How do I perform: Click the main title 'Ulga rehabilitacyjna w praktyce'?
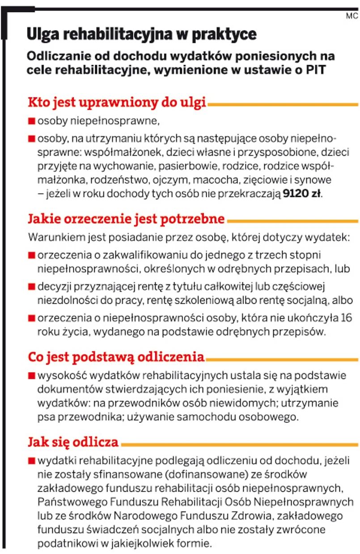coord(142,34)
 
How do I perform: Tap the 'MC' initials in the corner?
coord(352,17)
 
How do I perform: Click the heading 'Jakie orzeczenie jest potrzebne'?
coord(126,219)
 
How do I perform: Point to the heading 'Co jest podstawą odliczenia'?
coord(116,357)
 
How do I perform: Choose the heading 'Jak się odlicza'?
coord(73,442)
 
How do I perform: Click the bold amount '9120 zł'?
coord(302,194)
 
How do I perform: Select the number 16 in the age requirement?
coord(346,319)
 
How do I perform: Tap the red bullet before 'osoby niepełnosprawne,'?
coord(31,121)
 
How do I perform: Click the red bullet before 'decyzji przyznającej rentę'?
coord(31,287)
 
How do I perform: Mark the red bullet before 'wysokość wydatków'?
coord(31,375)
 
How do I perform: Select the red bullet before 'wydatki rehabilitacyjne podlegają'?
coord(31,460)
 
